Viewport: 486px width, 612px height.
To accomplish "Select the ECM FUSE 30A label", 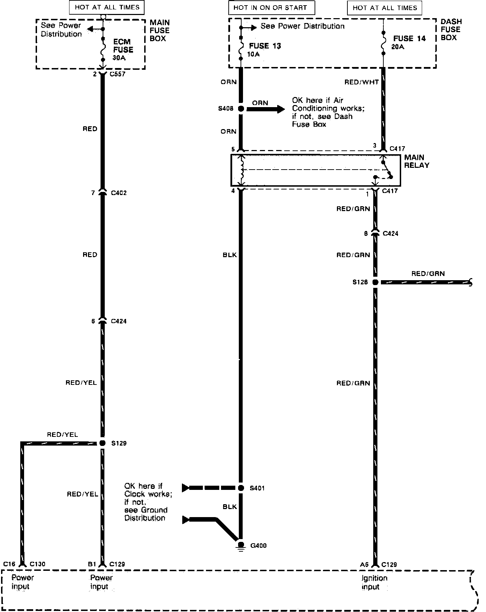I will click(x=123, y=50).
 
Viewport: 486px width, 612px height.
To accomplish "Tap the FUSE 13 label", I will click(x=265, y=46).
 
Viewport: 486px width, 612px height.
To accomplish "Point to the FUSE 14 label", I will click(x=409, y=39).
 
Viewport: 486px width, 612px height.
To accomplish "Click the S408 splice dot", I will click(x=241, y=109).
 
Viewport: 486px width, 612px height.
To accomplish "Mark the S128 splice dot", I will click(x=375, y=282).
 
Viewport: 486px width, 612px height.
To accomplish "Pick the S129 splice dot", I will click(x=102, y=443).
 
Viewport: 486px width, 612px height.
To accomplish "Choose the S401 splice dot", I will click(x=241, y=488).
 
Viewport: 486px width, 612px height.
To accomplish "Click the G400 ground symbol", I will click(x=241, y=546).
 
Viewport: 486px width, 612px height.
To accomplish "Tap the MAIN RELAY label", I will click(x=416, y=161).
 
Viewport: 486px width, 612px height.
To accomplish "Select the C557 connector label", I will click(x=117, y=74).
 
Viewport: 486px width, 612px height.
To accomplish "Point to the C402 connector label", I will click(x=119, y=193).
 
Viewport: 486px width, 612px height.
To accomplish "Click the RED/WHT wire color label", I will click(x=361, y=82).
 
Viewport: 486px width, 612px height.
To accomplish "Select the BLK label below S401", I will click(x=230, y=507).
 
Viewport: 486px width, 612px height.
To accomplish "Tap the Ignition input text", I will click(x=374, y=582).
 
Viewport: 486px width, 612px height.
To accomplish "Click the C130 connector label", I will click(x=37, y=564).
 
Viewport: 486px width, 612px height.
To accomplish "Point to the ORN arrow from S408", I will click(x=265, y=109).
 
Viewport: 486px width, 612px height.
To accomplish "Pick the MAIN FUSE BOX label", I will click(x=160, y=30).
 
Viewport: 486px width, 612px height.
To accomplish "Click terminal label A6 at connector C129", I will click(x=364, y=564).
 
